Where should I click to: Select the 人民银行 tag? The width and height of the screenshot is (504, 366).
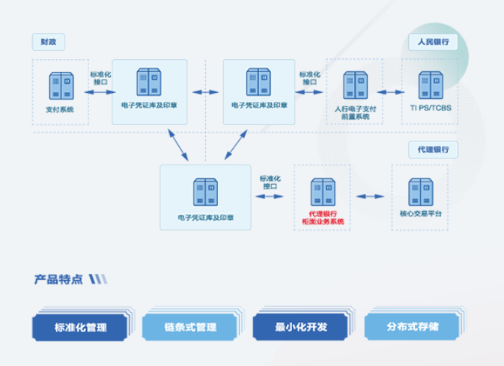click(x=433, y=42)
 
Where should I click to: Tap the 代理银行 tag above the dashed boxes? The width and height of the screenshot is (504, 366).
click(x=433, y=149)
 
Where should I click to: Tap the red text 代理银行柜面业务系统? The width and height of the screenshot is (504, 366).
click(x=322, y=218)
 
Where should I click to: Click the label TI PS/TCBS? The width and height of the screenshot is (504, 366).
click(x=430, y=108)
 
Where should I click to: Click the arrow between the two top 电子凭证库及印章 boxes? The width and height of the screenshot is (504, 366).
click(x=205, y=92)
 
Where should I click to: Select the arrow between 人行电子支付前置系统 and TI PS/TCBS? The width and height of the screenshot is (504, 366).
click(x=389, y=91)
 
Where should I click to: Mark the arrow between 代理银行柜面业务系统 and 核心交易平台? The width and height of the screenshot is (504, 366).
click(x=370, y=197)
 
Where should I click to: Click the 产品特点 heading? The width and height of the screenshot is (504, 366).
click(x=58, y=279)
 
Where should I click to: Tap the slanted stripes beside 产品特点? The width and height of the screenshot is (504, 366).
click(x=97, y=279)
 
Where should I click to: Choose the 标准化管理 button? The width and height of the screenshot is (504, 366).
click(x=79, y=327)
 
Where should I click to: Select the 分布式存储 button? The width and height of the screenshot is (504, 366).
click(x=412, y=327)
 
